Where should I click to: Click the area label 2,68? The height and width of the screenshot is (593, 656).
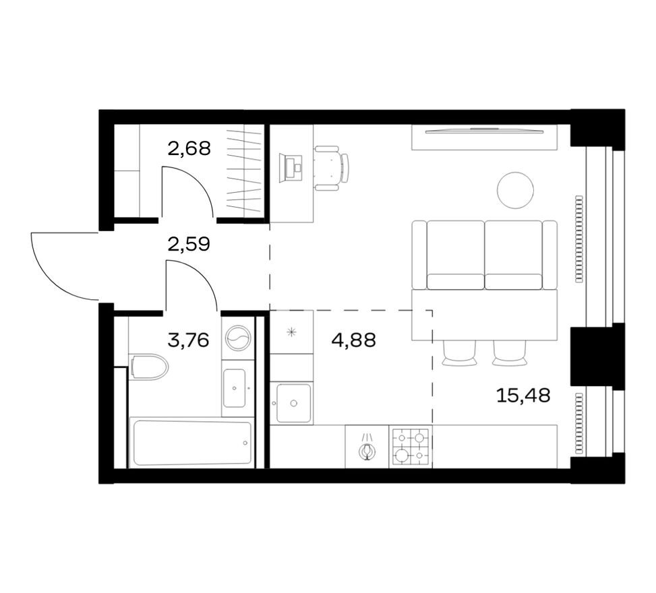tap(189, 148)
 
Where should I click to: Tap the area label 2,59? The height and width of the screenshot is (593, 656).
tap(189, 243)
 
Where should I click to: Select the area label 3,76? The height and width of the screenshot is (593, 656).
tap(187, 340)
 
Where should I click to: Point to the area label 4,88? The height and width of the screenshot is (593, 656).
tap(353, 340)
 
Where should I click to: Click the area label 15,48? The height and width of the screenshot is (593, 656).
tap(523, 396)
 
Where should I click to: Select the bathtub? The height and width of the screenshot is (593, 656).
tap(193, 443)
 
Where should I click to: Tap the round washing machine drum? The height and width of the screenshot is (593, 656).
tap(238, 338)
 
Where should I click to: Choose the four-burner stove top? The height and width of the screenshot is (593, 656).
tap(411, 446)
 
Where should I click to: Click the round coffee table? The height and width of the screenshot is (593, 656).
tap(515, 190)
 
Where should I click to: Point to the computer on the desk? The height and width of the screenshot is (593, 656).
tap(293, 168)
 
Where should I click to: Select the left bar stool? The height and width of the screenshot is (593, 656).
tap(459, 353)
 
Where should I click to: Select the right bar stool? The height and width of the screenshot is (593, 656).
tap(509, 353)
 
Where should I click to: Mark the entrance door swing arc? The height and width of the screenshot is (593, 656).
tap(64, 270)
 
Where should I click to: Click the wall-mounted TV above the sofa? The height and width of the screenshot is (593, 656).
tap(485, 131)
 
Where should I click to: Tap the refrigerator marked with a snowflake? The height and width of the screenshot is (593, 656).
tap(291, 332)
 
